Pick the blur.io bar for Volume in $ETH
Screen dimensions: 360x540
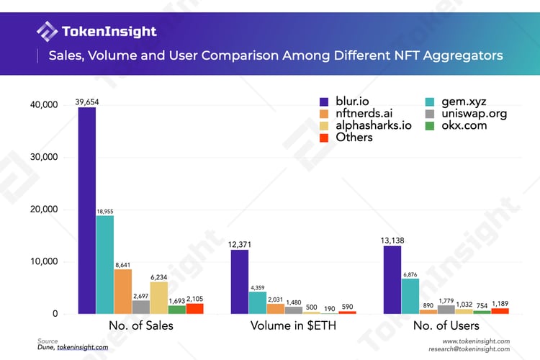coord(239,282)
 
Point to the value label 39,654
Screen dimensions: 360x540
coord(86,102)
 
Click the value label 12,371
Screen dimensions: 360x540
coord(239,244)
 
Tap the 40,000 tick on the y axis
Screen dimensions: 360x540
coord(42,105)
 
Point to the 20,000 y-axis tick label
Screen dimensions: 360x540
coord(42,210)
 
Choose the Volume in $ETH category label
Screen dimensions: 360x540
coord(293,325)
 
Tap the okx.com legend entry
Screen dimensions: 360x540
coord(450,125)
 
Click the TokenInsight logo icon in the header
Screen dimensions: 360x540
coord(47,32)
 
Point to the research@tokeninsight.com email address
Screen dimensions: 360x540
coord(468,348)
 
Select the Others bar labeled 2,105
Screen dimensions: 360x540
coord(194,308)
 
